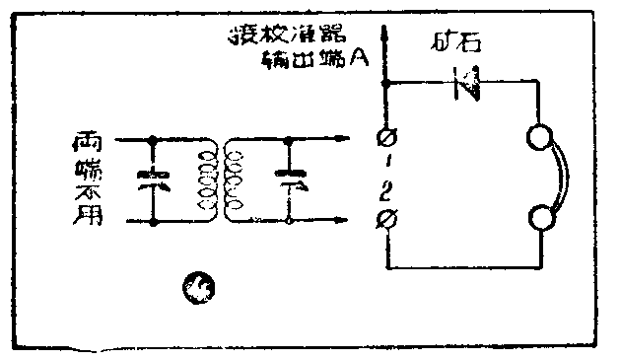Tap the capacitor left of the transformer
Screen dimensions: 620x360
point(155,180)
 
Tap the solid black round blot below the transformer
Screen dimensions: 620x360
point(200,287)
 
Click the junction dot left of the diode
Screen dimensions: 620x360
point(385,85)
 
